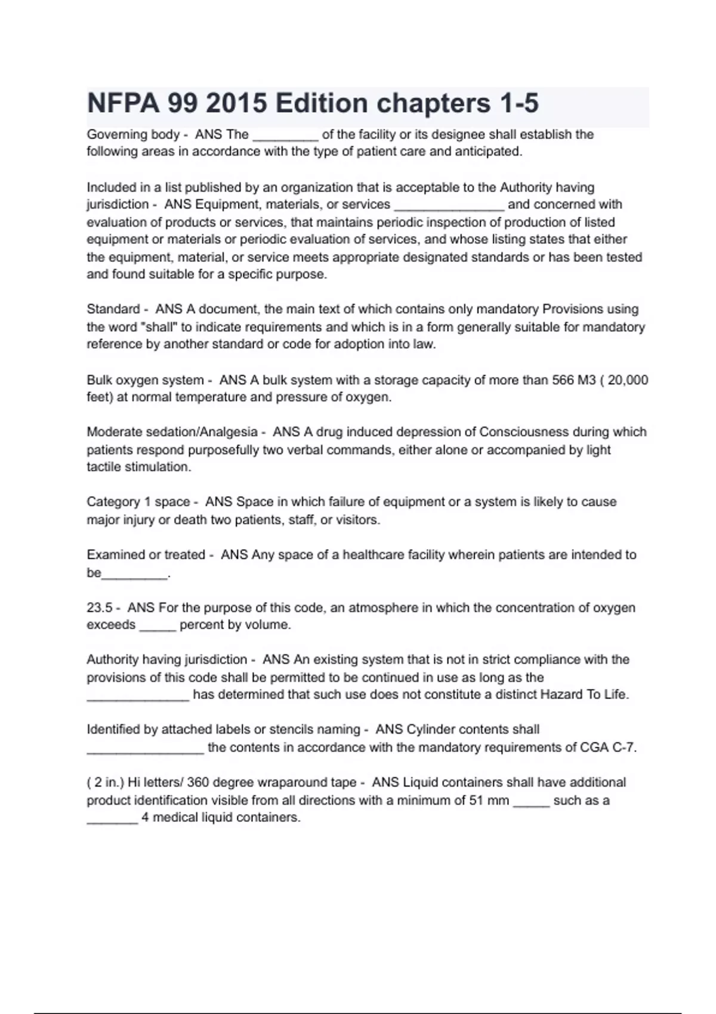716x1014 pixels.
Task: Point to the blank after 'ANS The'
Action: pyautogui.click(x=285, y=136)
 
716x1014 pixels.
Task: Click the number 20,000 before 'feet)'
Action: pyautogui.click(x=628, y=380)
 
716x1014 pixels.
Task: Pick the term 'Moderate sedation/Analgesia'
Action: pyautogui.click(x=172, y=432)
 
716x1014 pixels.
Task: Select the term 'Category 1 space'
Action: pyautogui.click(x=138, y=502)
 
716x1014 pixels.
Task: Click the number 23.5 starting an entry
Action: pyautogui.click(x=100, y=608)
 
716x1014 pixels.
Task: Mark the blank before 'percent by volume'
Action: pyautogui.click(x=158, y=626)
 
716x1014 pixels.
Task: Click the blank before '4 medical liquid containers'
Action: pyautogui.click(x=113, y=819)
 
